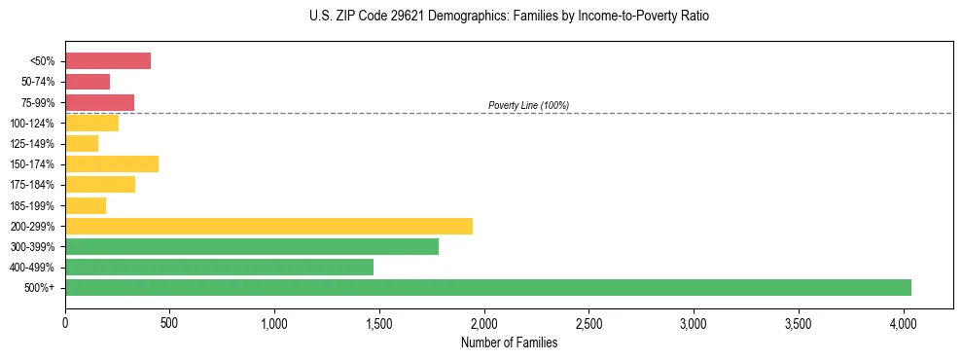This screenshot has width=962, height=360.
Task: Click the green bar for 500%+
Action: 488,287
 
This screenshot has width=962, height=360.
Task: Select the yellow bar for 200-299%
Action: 268,226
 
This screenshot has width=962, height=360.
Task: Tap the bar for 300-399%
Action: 252,246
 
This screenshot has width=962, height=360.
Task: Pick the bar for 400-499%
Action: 219,267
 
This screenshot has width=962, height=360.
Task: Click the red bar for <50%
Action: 108,61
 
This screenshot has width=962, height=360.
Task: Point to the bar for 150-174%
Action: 112,163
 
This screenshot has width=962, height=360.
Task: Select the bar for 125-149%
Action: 82,143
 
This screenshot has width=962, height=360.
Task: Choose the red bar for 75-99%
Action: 99,102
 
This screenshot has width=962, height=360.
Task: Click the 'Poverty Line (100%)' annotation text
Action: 528,105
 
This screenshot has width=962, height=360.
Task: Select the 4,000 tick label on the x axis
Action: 904,320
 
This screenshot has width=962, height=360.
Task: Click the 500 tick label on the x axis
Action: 170,320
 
